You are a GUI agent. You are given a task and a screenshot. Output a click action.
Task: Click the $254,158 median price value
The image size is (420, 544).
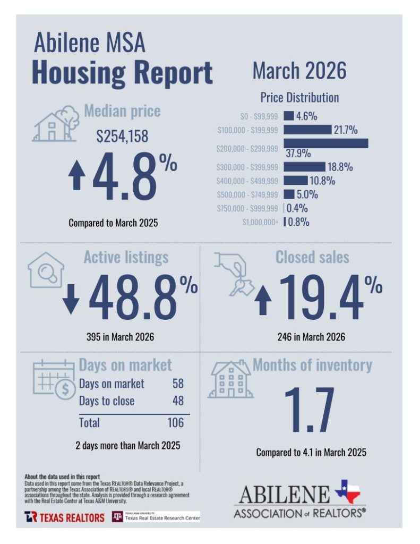pyautogui.click(x=122, y=137)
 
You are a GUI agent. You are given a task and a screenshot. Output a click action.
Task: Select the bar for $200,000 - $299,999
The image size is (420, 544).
pyautogui.click(x=325, y=143)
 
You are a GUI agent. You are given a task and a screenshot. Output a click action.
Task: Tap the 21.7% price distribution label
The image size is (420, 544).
pyautogui.click(x=345, y=130)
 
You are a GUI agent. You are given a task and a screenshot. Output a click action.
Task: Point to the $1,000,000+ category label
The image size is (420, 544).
pyautogui.click(x=260, y=223)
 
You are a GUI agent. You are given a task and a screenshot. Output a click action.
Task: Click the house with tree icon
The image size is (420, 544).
pyautogui.click(x=53, y=123)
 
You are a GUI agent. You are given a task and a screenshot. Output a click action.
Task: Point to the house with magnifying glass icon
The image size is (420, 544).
pyautogui.click(x=46, y=270)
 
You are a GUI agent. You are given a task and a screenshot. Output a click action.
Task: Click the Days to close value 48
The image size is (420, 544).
pyautogui.click(x=178, y=401)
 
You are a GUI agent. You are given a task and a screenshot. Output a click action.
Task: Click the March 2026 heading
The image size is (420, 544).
pyautogui.click(x=299, y=71)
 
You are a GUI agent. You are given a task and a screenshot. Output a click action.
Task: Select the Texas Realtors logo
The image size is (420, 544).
pyautogui.click(x=64, y=517)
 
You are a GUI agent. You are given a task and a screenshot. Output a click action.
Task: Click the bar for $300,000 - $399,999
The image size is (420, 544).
pyautogui.click(x=304, y=167)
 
